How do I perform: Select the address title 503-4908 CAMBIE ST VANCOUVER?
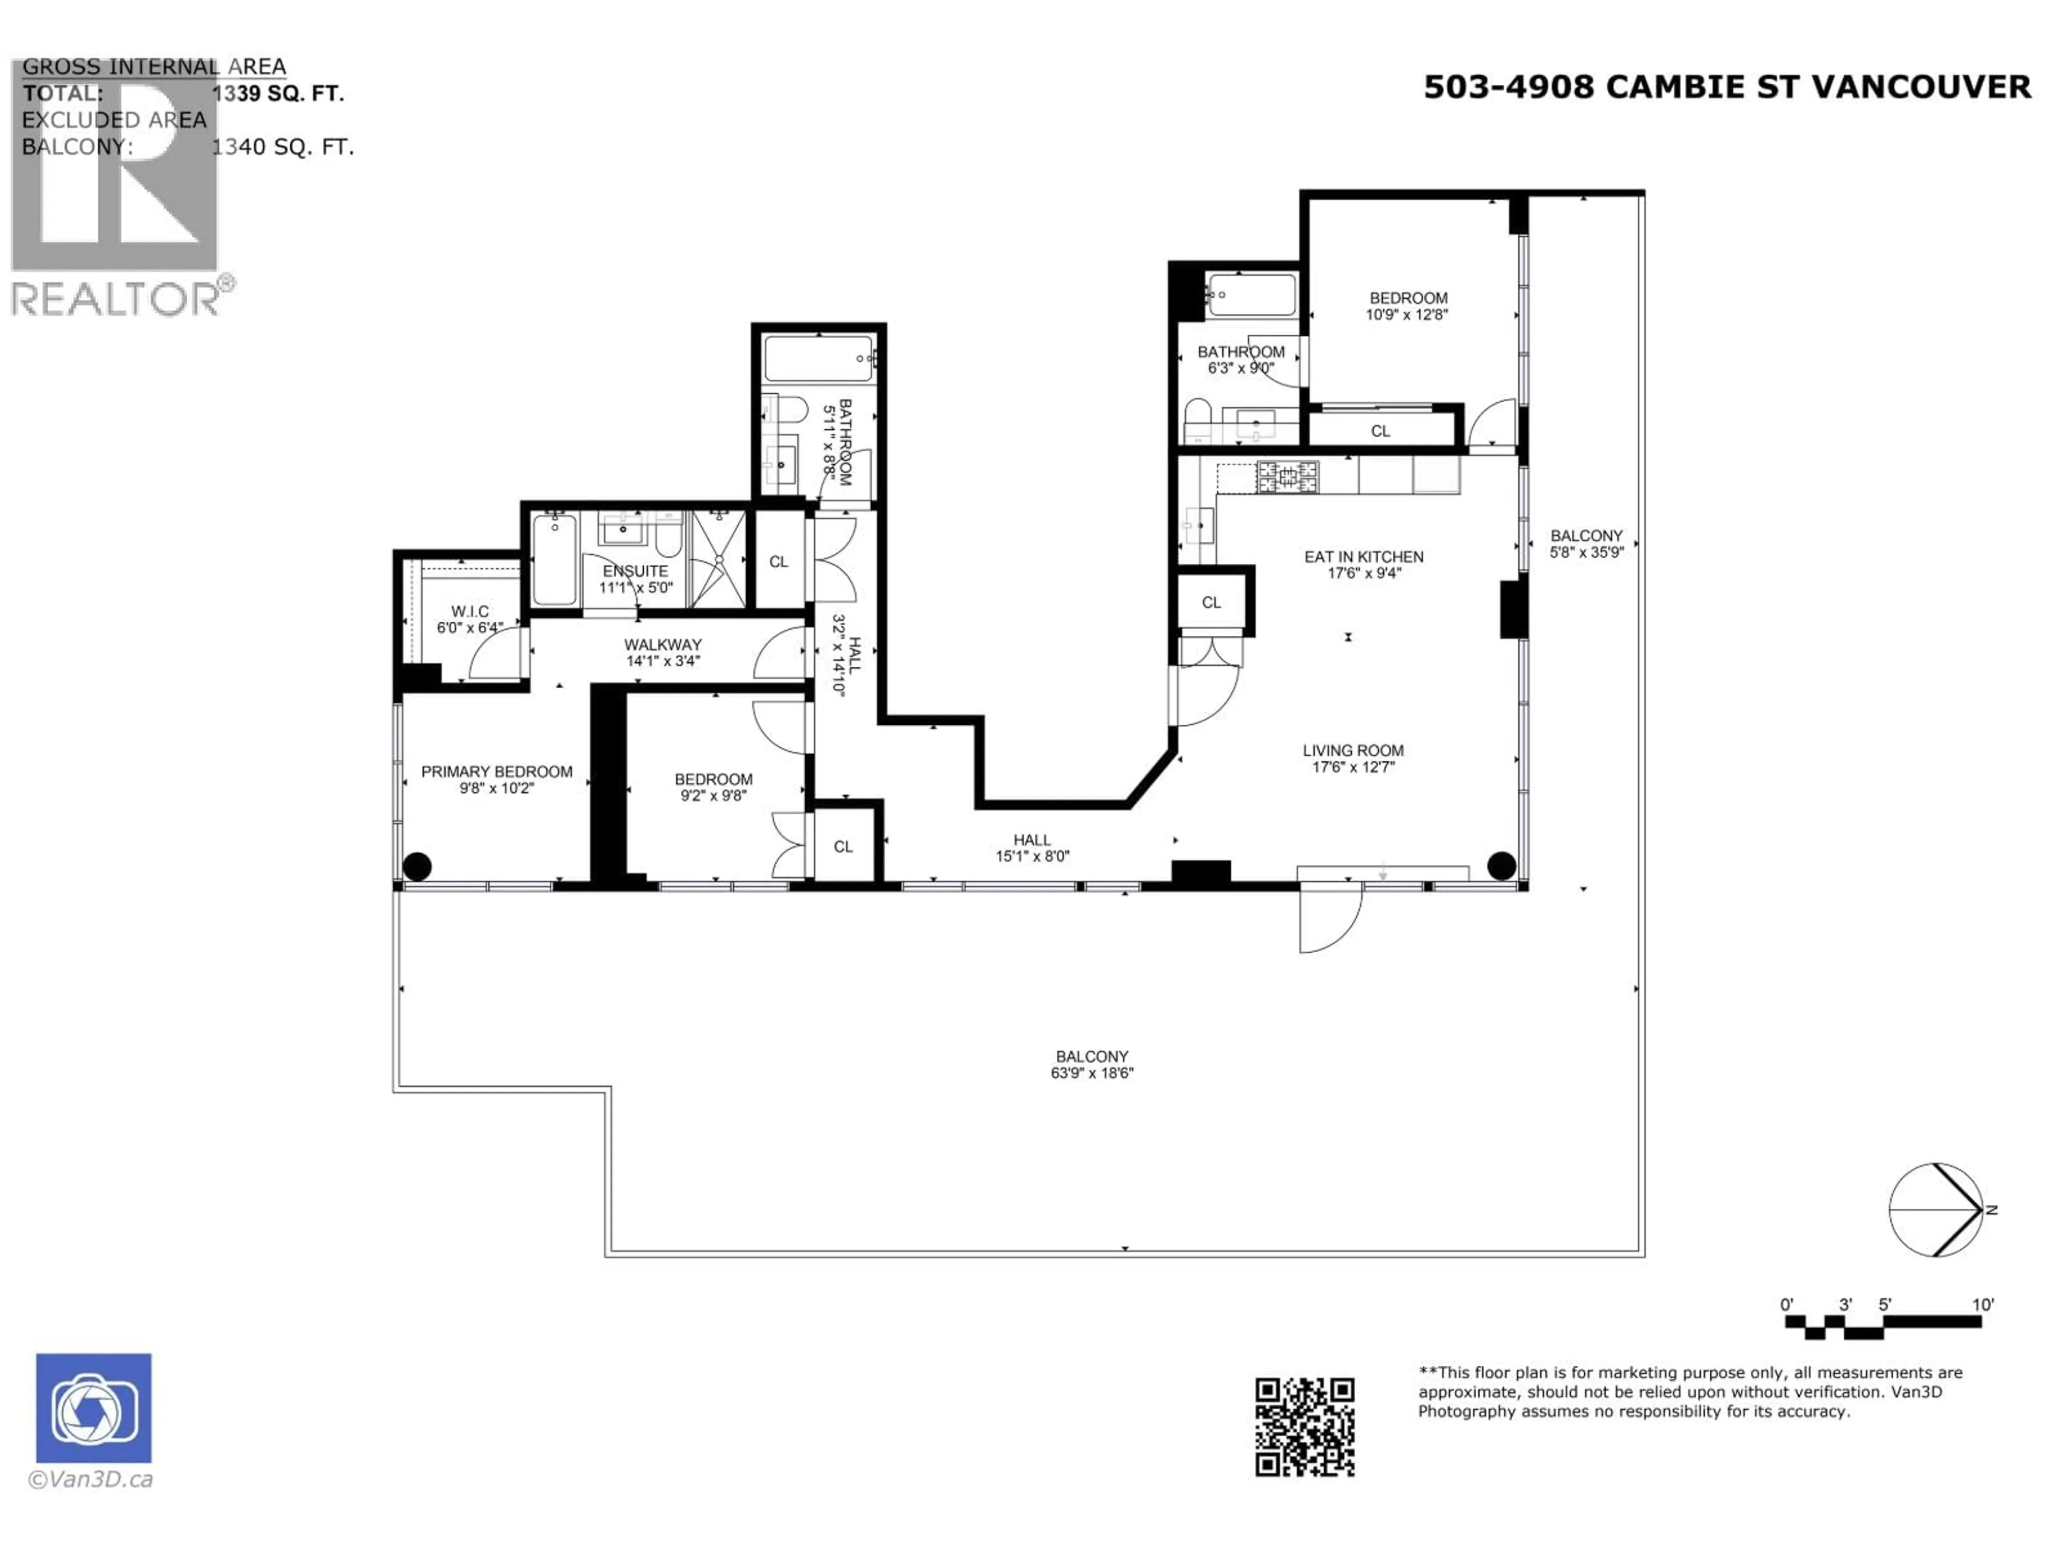click(1727, 86)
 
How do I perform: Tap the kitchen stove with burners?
click(1288, 477)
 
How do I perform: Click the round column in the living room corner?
click(1501, 866)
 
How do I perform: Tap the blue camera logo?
click(93, 1408)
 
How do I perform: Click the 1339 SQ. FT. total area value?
click(277, 94)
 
